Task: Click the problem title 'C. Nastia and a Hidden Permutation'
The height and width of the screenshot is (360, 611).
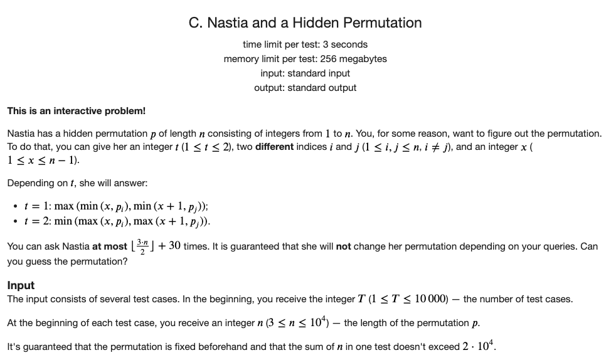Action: point(305,23)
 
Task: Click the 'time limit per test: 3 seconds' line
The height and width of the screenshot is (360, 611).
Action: point(305,45)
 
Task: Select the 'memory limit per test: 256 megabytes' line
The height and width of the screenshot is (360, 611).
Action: point(305,59)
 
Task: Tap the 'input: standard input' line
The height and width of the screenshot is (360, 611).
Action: point(305,73)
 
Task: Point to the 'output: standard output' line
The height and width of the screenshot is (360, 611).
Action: point(305,88)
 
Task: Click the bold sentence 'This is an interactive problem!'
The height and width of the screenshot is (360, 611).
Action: point(76,111)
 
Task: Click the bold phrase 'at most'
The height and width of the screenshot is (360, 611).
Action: point(109,246)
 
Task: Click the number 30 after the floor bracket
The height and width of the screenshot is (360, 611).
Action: point(175,246)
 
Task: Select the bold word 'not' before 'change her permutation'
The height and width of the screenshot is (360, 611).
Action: point(343,246)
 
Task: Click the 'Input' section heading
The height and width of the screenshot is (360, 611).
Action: point(21,285)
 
